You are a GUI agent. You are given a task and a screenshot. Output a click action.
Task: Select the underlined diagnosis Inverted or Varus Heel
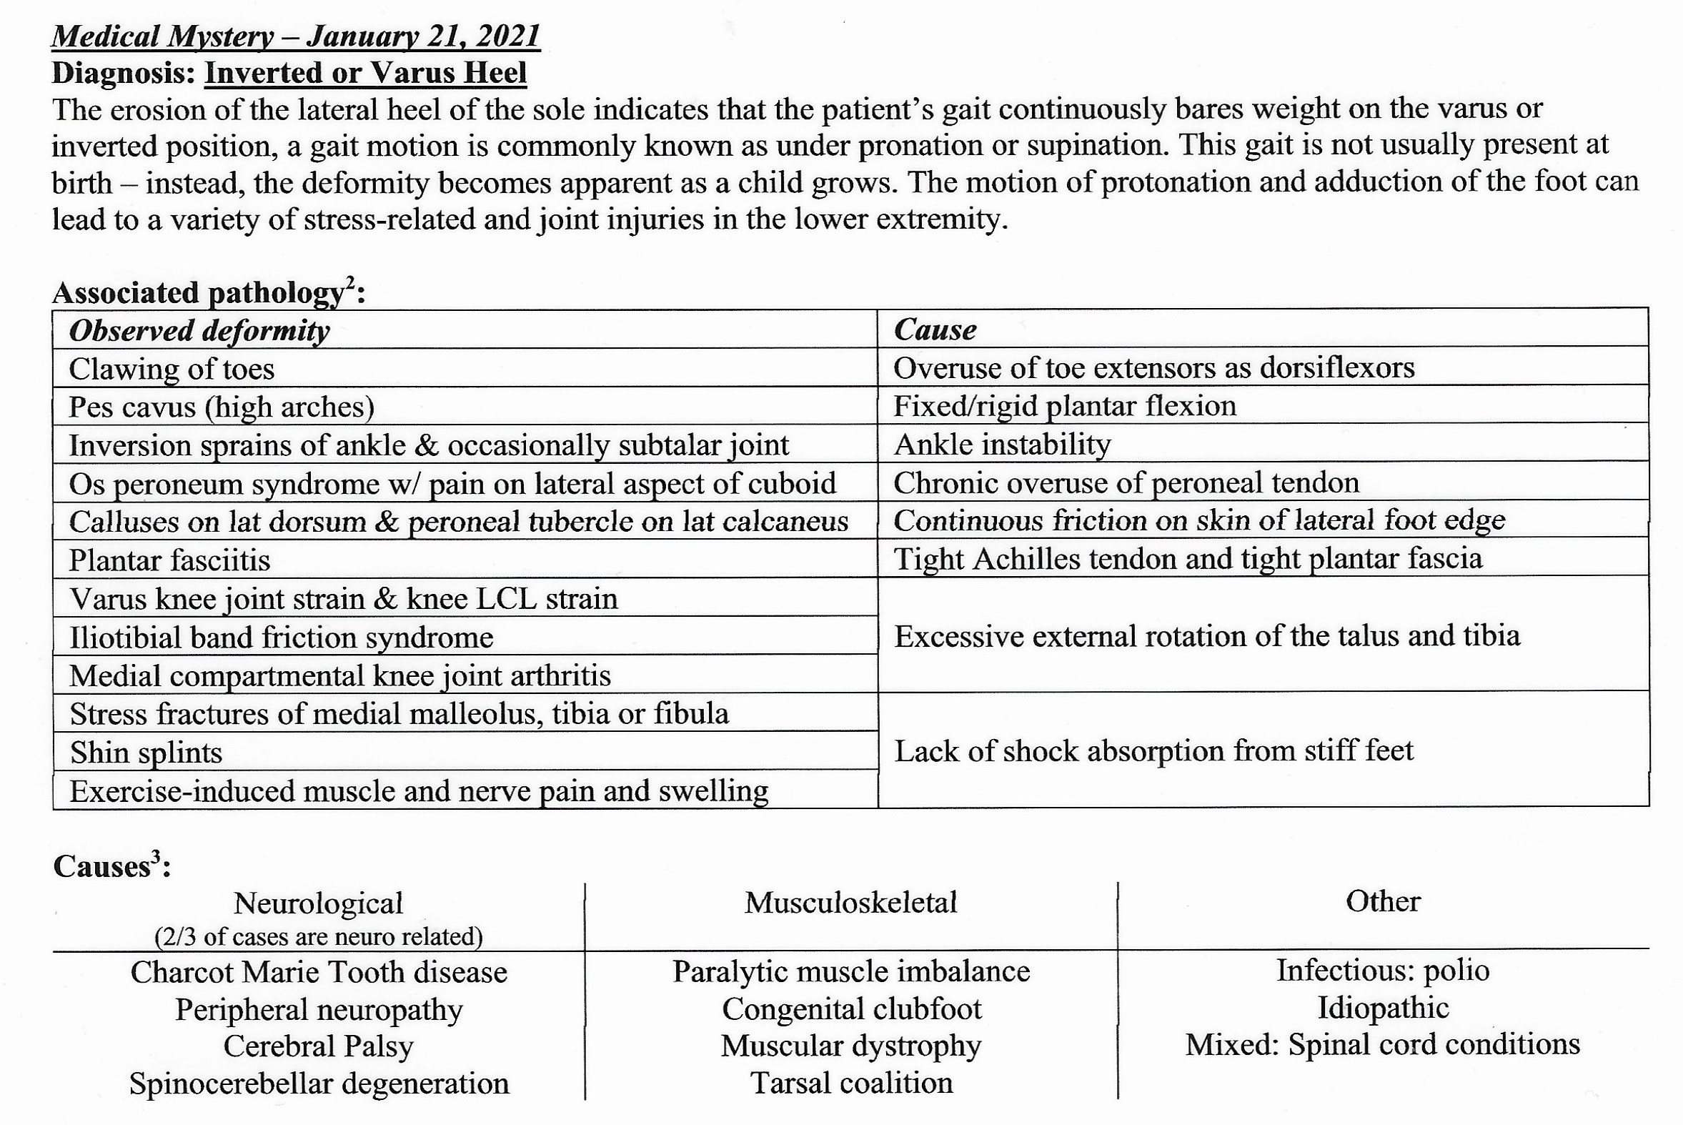click(365, 73)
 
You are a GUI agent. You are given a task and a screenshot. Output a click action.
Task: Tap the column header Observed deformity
click(199, 331)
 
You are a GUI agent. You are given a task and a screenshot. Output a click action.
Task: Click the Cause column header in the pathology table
click(935, 330)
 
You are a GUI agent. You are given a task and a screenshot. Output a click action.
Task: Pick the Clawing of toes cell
click(172, 369)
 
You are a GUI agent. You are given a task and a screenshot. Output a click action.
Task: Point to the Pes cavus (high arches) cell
click(222, 407)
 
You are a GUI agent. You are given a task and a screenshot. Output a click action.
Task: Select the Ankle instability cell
click(1001, 445)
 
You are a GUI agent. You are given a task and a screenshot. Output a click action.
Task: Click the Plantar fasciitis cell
click(169, 560)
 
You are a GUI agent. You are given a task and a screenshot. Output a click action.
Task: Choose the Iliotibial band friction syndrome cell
click(282, 637)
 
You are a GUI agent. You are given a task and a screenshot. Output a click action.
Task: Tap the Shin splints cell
click(147, 753)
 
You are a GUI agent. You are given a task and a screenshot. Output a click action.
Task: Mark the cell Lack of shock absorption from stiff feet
click(1153, 751)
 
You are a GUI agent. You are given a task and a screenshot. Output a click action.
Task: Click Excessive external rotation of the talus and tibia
click(1206, 636)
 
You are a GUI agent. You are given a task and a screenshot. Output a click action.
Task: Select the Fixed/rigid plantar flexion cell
click(1065, 406)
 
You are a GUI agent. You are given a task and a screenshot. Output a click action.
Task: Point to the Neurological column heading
click(318, 903)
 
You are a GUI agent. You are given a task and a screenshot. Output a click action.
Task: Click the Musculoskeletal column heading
click(850, 903)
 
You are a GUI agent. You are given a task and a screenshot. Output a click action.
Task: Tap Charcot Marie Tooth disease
click(319, 972)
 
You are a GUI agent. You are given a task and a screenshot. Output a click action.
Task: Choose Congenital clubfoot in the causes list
click(852, 1009)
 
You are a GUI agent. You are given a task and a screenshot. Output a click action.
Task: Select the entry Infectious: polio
click(1382, 971)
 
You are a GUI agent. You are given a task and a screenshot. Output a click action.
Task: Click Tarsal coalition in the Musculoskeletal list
click(852, 1084)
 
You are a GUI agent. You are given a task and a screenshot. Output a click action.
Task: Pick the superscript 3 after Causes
click(156, 858)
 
